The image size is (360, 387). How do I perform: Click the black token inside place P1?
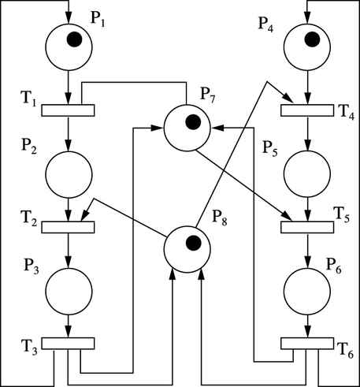click(x=75, y=39)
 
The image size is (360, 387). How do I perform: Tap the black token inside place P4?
click(x=312, y=39)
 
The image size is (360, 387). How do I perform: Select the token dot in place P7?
click(x=193, y=122)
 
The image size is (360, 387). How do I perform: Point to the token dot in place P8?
click(x=194, y=243)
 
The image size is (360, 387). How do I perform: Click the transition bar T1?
click(x=68, y=110)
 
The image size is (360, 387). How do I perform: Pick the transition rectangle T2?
click(x=68, y=227)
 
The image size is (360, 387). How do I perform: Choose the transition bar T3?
click(x=68, y=344)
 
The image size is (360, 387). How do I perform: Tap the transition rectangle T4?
click(x=307, y=110)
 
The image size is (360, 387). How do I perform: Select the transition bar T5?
click(x=307, y=227)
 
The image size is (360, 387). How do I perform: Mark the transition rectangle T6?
click(x=307, y=344)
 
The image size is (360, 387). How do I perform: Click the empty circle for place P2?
click(x=69, y=175)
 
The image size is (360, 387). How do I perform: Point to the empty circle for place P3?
click(x=69, y=291)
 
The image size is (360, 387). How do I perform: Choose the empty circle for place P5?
click(x=307, y=173)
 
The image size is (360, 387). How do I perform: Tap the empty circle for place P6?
click(x=307, y=291)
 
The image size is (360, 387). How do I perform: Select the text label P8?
click(x=220, y=218)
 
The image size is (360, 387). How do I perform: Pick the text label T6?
click(x=345, y=351)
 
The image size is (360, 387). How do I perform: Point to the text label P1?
click(x=98, y=19)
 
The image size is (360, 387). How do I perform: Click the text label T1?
click(x=29, y=99)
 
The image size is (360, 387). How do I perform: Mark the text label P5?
click(x=270, y=149)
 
